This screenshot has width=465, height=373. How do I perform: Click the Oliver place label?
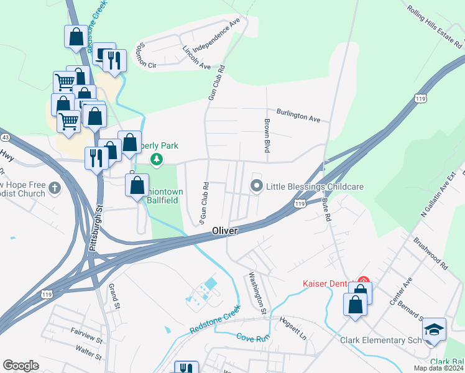pyautogui.click(x=224, y=231)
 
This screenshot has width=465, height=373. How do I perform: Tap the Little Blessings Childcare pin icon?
pyautogui.click(x=256, y=186)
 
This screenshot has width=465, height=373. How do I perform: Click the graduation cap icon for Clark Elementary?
pyautogui.click(x=434, y=329)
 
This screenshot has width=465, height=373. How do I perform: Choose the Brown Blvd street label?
pyautogui.click(x=267, y=136)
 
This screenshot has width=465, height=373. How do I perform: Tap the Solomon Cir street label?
pyautogui.click(x=150, y=55)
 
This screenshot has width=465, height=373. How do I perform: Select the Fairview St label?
pyautogui.click(x=86, y=337)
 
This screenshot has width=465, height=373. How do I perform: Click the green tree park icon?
pyautogui.click(x=157, y=161)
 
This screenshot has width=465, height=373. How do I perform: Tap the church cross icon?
pyautogui.click(x=55, y=187)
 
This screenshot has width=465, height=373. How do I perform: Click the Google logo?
pyautogui.click(x=21, y=366)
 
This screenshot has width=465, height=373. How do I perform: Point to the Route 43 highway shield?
pyautogui.click(x=4, y=136)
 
